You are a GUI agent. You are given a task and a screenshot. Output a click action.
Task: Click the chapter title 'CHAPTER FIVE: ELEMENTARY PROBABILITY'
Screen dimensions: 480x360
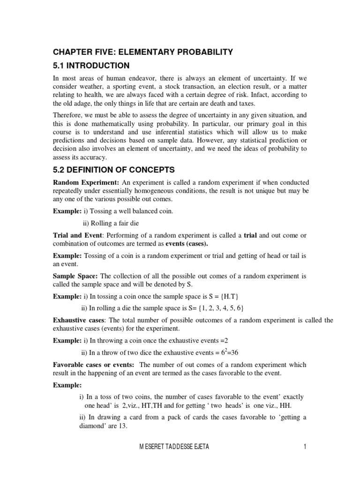coord(142,52)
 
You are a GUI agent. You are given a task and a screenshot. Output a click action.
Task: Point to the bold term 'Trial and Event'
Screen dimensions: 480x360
coord(77,235)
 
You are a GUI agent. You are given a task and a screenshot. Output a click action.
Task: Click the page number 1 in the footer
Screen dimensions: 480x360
coord(304,447)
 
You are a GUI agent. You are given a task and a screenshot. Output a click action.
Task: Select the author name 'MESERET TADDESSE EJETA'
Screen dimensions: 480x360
coord(174,447)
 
